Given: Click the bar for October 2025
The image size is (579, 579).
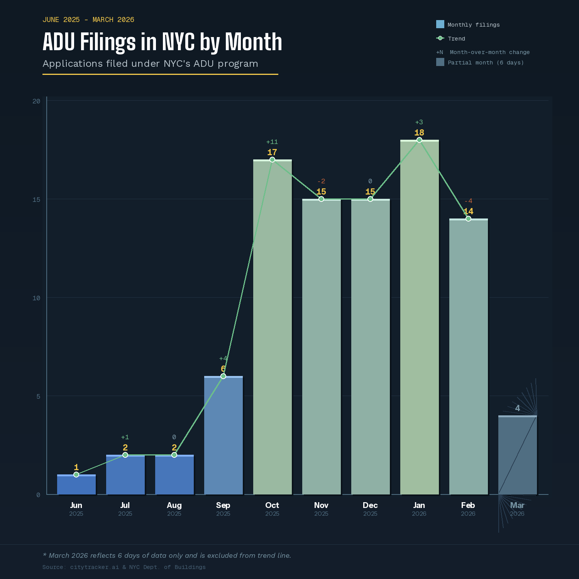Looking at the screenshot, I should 272,328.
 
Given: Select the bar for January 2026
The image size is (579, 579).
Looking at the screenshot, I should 419,317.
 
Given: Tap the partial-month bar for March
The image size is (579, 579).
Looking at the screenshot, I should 517,455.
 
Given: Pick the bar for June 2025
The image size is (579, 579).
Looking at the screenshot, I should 76,485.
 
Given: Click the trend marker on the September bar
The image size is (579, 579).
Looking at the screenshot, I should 223,376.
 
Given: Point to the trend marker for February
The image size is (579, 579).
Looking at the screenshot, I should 468,218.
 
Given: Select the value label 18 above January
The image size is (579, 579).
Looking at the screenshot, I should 419,133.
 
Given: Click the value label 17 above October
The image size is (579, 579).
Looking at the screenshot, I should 272,152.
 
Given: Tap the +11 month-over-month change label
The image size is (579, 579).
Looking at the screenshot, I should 272,142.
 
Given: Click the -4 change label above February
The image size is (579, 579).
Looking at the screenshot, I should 468,201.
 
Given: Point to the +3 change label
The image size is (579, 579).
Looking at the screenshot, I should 419,122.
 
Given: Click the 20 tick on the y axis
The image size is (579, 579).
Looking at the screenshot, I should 36,101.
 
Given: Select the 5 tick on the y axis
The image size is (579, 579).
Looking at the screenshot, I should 38,396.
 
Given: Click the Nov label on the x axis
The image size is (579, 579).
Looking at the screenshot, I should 321,505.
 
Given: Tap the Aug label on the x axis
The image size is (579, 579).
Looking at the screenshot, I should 174,505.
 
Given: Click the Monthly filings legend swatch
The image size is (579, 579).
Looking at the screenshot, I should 440,24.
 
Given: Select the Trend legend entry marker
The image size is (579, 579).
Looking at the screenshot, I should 440,38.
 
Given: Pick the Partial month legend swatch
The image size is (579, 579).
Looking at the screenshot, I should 440,62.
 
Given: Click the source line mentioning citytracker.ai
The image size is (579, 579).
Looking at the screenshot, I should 124,567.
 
